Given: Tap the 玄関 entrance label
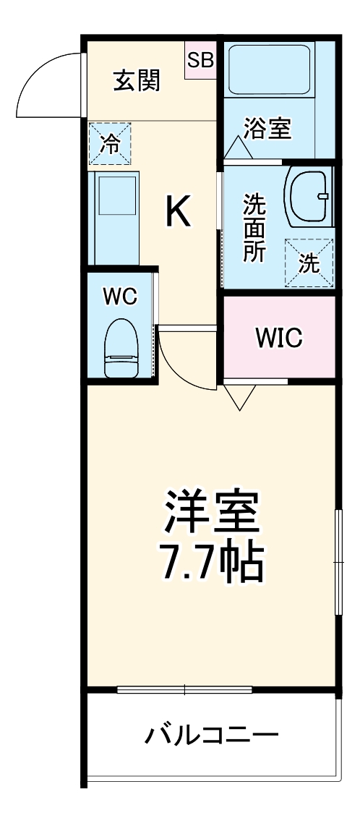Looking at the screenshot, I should click(137, 81).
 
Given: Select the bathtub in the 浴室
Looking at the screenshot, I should click(268, 69).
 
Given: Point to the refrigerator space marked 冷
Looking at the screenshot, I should click(111, 143).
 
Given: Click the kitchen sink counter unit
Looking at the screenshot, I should click(113, 218).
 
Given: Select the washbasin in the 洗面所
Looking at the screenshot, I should click(309, 195).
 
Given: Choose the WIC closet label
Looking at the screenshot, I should click(278, 337).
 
